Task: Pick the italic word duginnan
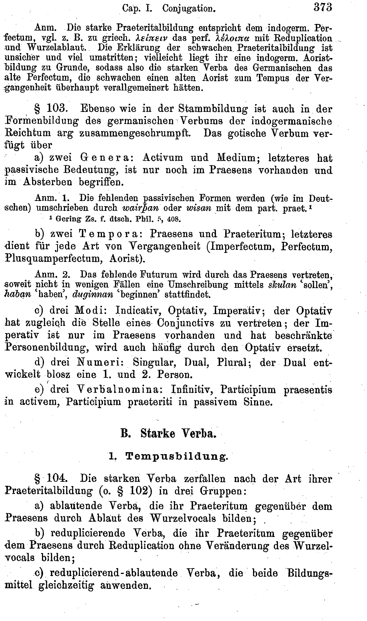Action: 93,295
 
